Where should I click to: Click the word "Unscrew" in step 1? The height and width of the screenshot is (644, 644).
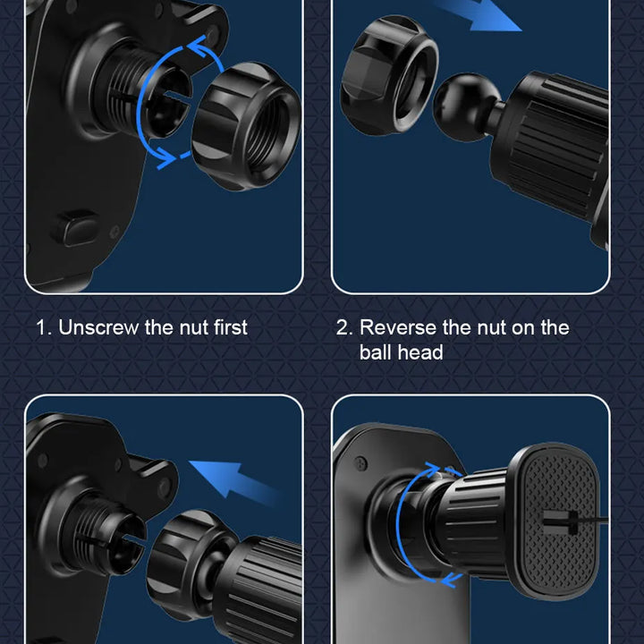click(98, 327)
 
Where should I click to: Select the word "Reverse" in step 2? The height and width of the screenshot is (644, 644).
click(397, 327)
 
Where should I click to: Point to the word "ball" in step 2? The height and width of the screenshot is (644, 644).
click(375, 352)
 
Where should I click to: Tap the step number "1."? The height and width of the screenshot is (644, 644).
click(44, 327)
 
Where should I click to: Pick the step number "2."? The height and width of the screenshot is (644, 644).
click(344, 327)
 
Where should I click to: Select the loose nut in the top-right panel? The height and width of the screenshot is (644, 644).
click(389, 75)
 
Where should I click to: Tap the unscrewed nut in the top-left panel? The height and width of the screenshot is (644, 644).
click(247, 126)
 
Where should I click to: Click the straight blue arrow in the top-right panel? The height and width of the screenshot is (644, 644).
click(477, 15)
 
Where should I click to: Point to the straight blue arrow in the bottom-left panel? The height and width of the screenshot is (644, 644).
click(234, 480)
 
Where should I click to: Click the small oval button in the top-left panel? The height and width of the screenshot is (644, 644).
click(75, 228)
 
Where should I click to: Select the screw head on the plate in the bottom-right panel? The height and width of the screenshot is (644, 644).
click(361, 463)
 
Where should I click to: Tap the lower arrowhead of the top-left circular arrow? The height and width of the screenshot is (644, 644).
click(166, 157)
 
